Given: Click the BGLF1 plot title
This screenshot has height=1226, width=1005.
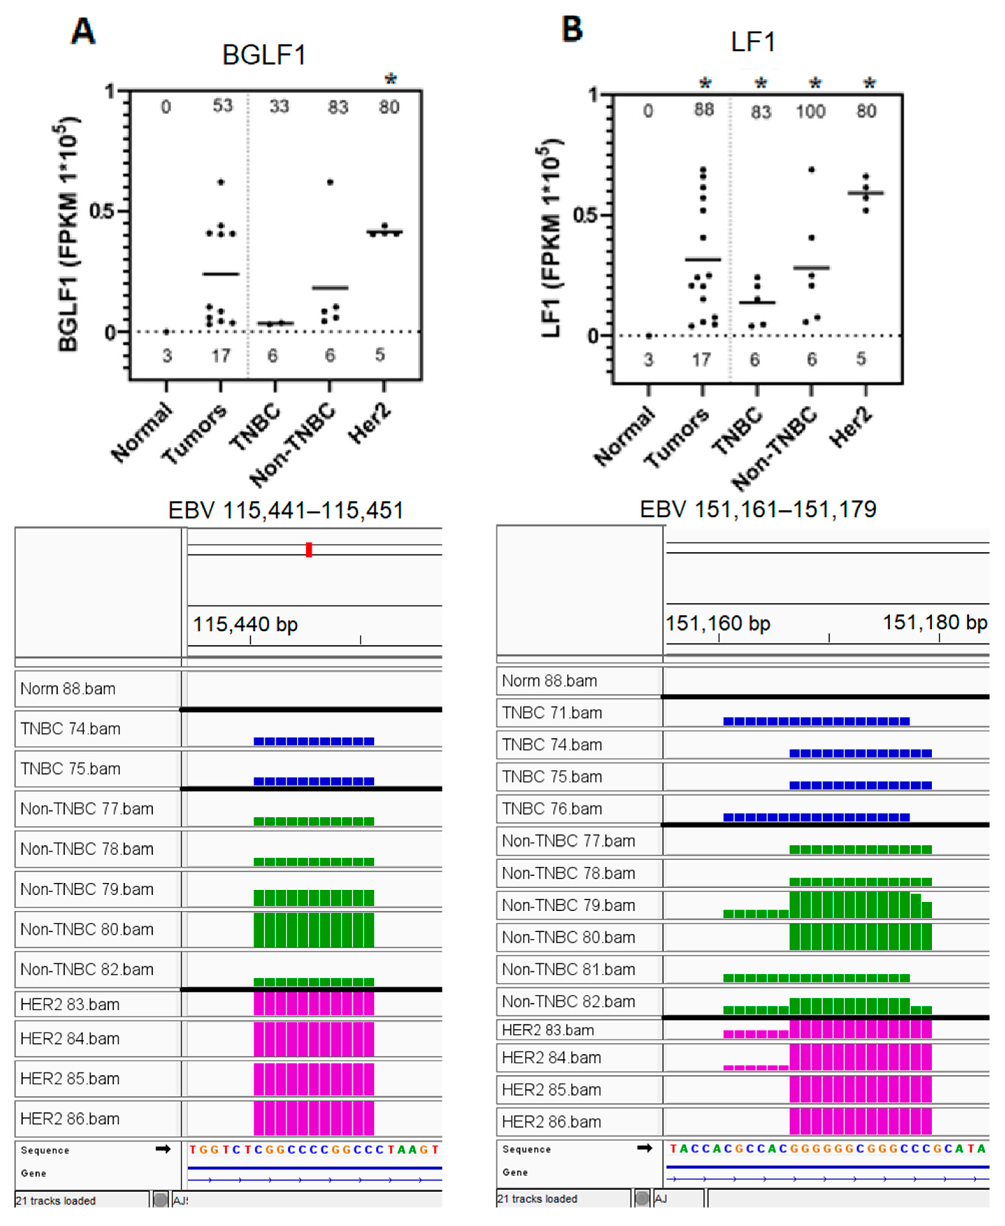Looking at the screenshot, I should pos(264,55).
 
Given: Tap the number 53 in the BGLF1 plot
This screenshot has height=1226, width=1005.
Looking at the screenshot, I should pos(222,106).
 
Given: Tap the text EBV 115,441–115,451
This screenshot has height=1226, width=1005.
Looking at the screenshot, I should pos(286,510).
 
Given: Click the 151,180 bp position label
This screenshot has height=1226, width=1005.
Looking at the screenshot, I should pos(934,622).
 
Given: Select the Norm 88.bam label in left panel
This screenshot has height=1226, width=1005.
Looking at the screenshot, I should pos(68,689).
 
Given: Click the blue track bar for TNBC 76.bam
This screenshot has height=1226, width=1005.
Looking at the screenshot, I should pos(816,817).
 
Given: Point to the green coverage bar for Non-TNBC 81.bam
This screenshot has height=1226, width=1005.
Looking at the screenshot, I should pos(816,978).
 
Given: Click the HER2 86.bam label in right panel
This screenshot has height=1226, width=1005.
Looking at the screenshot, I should pos(551,1122).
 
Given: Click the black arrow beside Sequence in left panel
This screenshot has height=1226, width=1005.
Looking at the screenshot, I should pos(163,1149).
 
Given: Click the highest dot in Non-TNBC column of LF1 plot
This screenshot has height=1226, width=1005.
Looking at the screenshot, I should pos(812,169).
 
